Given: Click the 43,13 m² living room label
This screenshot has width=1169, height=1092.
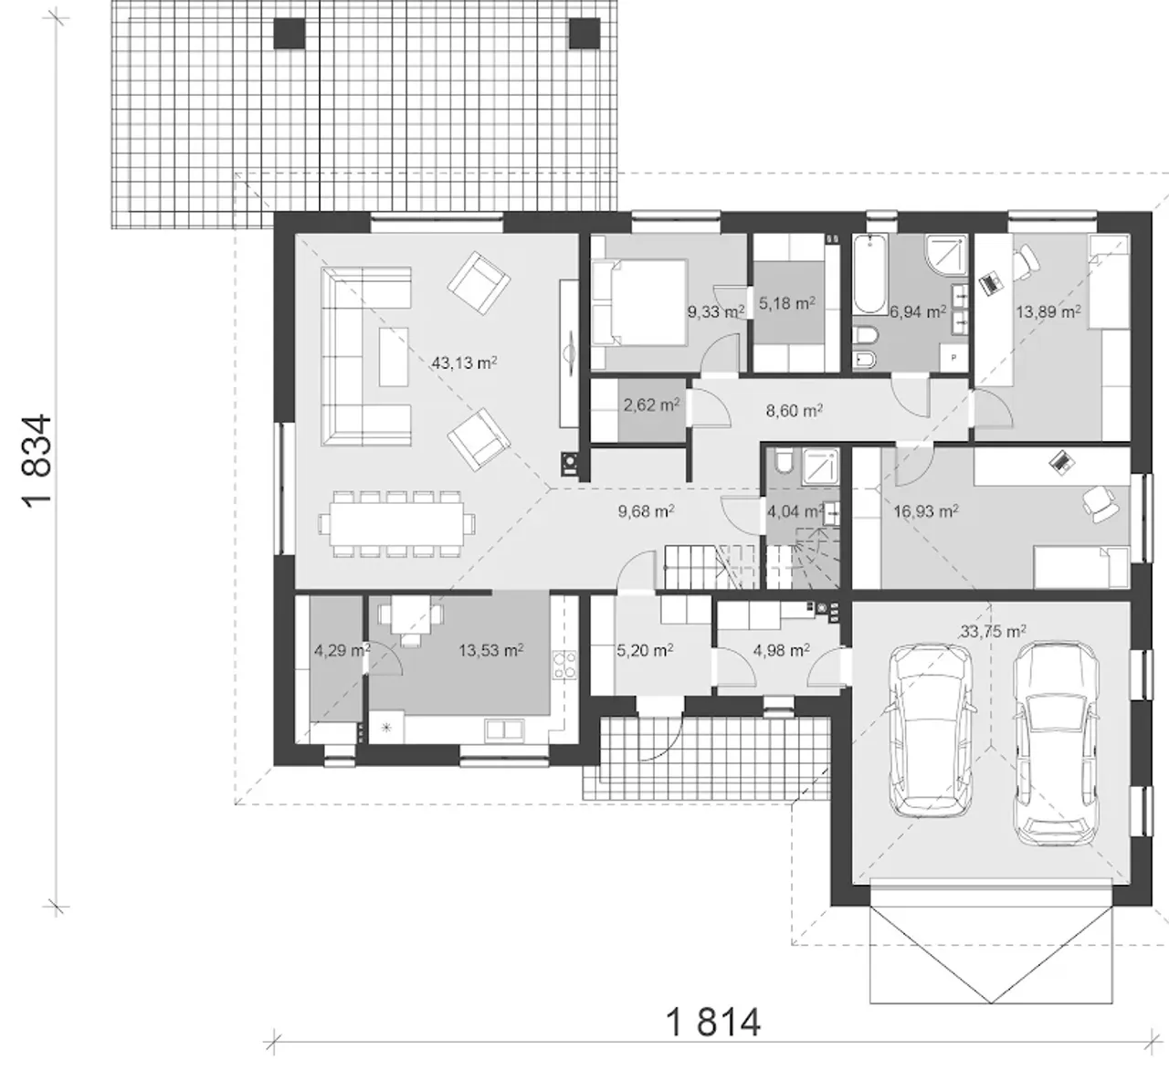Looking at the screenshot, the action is [464, 362].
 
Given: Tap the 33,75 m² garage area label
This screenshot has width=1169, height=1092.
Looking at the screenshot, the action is [993, 632].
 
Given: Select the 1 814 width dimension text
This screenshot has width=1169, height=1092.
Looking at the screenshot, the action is [713, 1022].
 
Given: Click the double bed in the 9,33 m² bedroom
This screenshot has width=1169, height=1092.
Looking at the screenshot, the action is [639, 302].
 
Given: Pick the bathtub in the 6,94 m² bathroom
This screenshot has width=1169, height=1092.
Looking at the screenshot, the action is [870, 274].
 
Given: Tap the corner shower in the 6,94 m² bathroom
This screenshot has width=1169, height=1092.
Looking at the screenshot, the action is [946, 255].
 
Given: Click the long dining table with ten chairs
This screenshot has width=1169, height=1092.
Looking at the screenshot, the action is [397, 523].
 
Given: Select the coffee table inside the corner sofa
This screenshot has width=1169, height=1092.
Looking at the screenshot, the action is [394, 357].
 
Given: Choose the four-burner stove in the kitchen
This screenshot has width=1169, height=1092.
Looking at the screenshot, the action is [564, 666].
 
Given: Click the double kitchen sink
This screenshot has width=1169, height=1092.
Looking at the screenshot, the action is [504, 730].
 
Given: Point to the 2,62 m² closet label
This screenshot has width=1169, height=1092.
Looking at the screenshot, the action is [651, 405].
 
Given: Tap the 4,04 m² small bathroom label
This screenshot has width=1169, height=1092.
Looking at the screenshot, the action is [795, 511].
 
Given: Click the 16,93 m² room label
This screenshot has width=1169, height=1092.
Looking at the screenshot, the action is [926, 511].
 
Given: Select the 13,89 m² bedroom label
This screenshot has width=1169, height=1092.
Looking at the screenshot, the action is [1048, 311].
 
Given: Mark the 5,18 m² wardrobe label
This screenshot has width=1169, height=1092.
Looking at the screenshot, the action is [787, 303].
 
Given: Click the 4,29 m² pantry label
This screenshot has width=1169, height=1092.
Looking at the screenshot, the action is [342, 650].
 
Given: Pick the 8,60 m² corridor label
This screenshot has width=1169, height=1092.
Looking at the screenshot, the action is [794, 410].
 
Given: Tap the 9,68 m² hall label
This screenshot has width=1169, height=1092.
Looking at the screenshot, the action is [647, 511].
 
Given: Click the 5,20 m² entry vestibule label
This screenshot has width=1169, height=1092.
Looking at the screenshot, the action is [645, 650].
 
